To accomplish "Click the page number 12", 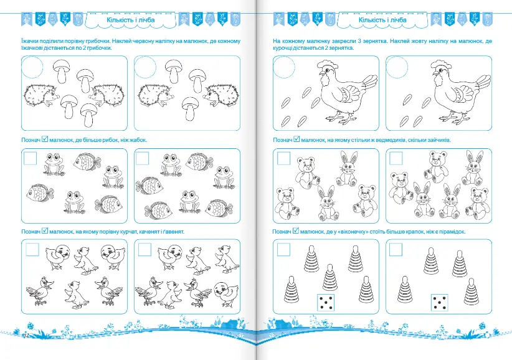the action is [26, 336].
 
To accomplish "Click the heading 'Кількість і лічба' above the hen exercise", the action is [382, 20].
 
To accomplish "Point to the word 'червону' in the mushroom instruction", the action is [142, 41].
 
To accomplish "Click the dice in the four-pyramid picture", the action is [440, 302].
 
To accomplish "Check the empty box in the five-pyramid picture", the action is [283, 250].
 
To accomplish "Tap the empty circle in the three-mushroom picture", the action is [145, 67].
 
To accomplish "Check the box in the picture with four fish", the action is [142, 158].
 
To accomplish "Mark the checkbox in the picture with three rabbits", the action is [396, 158].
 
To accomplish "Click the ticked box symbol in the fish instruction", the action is [45, 140].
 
